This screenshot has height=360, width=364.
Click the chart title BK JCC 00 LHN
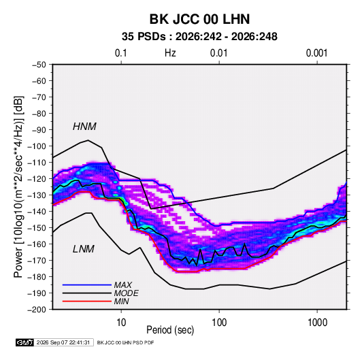[199, 19]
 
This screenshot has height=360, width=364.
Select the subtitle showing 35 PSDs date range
[199, 37]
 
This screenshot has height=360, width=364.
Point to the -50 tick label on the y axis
[39, 65]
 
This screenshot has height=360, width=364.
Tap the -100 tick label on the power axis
[37, 146]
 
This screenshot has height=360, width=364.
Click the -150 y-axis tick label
[37, 228]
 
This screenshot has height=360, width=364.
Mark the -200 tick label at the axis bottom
[37, 310]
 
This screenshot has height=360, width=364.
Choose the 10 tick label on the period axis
[121, 323]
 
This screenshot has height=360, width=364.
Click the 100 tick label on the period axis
[219, 323]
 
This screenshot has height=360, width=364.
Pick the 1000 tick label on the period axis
[317, 323]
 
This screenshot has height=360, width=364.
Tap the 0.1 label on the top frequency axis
[121, 53]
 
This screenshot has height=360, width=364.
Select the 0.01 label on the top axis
[218, 53]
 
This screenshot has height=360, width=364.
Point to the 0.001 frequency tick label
[316, 53]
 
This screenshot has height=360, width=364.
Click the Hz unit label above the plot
[170, 53]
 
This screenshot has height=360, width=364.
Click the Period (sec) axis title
[170, 330]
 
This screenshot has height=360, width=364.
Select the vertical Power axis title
[18, 186]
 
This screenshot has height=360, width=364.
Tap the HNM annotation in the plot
[84, 127]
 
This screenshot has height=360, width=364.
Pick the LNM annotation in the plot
[84, 249]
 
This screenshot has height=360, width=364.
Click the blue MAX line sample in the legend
[87, 284]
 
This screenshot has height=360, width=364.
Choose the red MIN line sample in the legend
[87, 301]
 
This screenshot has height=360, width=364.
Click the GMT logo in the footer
[24, 342]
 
